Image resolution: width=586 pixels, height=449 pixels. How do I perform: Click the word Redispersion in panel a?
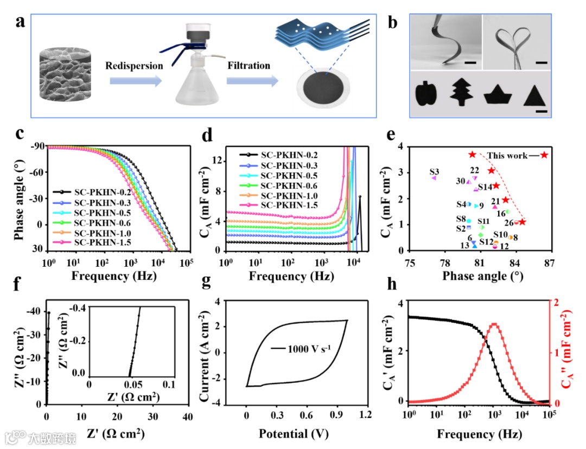click(135, 66)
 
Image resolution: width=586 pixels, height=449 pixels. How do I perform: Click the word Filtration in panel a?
click(249, 66)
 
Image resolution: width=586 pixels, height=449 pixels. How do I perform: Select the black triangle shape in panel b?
click(534, 95)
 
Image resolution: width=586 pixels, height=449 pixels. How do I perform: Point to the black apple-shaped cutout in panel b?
click(426, 95)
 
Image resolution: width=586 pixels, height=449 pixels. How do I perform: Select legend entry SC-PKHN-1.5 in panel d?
click(287, 205)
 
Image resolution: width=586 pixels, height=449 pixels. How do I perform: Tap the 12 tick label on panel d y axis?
click(215, 160)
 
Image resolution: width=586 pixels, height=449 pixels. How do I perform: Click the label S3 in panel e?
click(434, 171)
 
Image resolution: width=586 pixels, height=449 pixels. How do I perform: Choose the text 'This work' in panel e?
click(507, 156)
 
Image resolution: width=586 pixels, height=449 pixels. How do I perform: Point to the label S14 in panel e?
click(485, 187)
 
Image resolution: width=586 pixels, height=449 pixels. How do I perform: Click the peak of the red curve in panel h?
click(494, 324)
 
